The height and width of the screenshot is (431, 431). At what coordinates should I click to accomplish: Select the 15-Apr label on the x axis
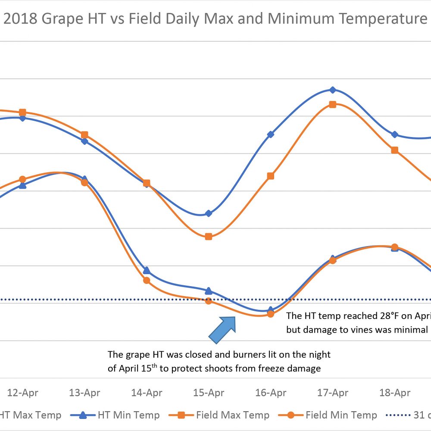[209, 393]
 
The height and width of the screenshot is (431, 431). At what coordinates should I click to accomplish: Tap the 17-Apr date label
[333, 393]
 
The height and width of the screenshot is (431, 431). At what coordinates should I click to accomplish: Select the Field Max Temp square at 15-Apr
[209, 237]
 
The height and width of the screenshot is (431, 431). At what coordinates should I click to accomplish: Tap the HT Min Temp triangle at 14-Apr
[147, 270]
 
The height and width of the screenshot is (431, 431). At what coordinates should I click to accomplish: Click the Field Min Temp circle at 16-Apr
[271, 314]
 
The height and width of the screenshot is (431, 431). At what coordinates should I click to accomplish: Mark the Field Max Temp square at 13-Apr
[84, 135]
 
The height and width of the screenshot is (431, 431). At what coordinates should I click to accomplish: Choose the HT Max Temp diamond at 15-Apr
[209, 213]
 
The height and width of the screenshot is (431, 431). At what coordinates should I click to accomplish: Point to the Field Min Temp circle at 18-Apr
[394, 247]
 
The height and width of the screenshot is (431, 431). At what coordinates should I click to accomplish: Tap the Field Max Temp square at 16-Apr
[271, 176]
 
